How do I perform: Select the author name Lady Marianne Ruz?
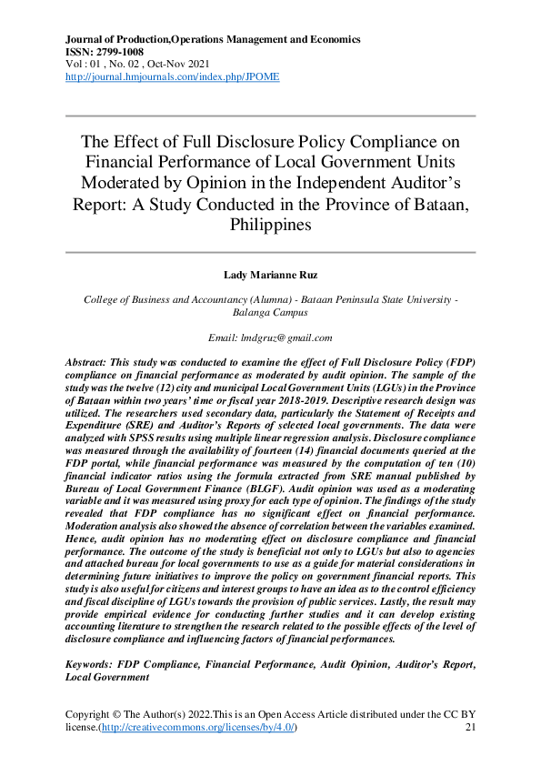(270, 275)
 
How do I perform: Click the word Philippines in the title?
(270, 223)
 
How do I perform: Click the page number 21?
(470, 728)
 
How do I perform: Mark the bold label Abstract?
(91, 362)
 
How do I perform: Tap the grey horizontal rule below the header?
(270, 116)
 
